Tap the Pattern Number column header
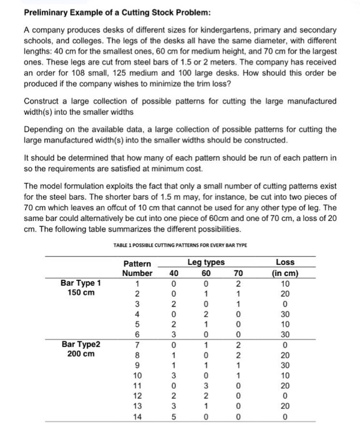(x=137, y=268)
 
